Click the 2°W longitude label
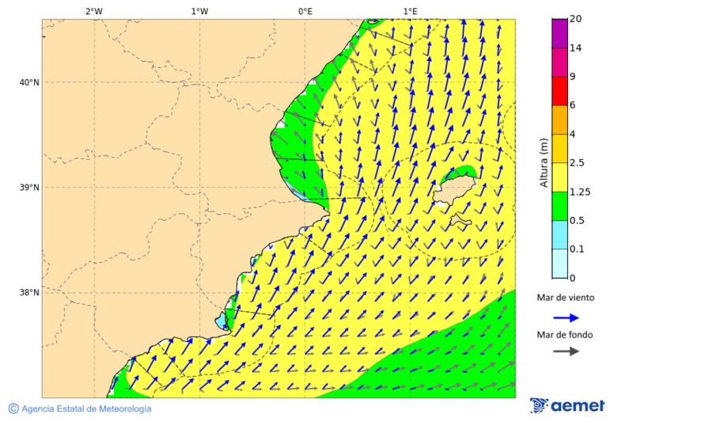pos(93,11)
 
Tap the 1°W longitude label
pos(199,11)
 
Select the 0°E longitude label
pos(305,11)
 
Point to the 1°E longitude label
pos(410,11)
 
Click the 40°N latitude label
pos(28,82)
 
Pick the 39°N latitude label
pos(28,188)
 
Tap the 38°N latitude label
pos(28,293)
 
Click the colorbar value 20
pos(576,19)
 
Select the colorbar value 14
pos(576,48)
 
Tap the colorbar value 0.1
pos(578,249)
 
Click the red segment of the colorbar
pos(559,90)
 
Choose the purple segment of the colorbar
pos(559,32)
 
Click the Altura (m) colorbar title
pos(543,162)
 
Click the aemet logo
pos(567,405)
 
